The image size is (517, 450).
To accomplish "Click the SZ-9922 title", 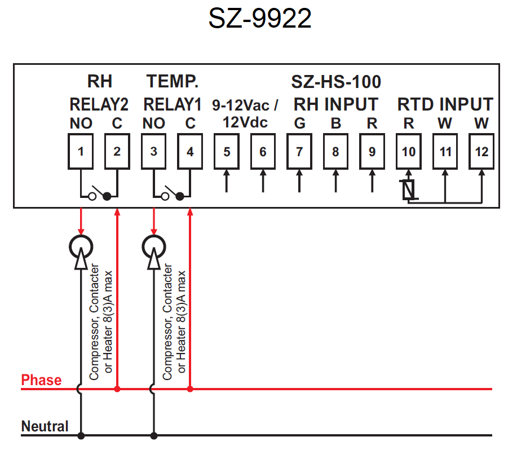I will tap(260, 19).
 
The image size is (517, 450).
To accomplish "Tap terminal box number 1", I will tap(81, 152).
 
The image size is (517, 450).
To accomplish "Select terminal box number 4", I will tap(190, 152).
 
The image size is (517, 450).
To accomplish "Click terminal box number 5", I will tap(227, 152).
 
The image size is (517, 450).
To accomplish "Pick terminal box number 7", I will tap(299, 152).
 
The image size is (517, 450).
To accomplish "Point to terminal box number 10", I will tap(409, 152).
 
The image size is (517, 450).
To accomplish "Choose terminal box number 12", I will tap(481, 152).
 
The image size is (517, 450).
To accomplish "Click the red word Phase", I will tap(41, 380).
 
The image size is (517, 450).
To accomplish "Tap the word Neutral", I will tap(45, 426).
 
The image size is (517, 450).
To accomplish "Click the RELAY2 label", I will tap(99, 105).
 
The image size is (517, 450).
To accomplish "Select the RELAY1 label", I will tap(172, 105).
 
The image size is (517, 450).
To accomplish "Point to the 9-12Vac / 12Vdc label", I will tap(245, 113).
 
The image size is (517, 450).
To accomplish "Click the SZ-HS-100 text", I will tap(336, 82).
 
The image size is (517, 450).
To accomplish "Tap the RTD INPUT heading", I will tap(445, 105).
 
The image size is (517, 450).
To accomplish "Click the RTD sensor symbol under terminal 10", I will tap(409, 190).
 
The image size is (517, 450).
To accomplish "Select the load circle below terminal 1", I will tap(81, 245).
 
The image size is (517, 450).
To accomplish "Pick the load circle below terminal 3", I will tap(153, 245).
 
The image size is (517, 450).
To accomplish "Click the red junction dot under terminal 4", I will tap(190, 389).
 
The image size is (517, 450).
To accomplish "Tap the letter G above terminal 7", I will tap(299, 123).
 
